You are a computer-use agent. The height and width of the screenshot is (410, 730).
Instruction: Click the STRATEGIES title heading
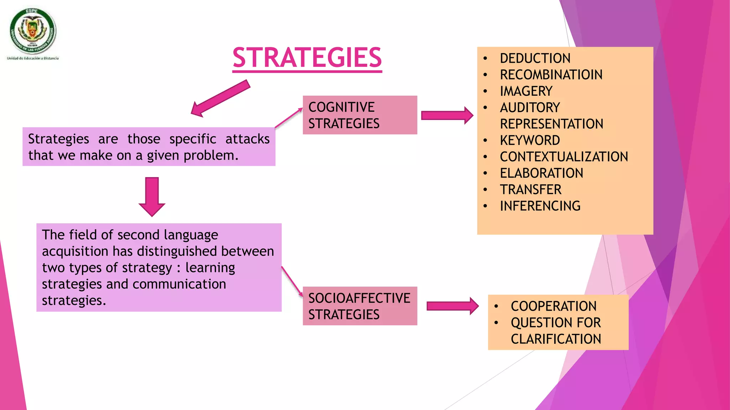click(307, 58)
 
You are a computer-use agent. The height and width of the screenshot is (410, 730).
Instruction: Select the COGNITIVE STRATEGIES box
click(360, 115)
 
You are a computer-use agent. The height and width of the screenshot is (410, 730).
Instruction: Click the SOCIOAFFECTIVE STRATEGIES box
click(360, 306)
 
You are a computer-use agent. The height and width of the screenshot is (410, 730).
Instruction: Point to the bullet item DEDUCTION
click(535, 58)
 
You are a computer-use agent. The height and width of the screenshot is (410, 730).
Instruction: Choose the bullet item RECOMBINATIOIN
click(551, 75)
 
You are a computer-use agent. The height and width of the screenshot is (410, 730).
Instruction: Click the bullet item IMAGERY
click(526, 91)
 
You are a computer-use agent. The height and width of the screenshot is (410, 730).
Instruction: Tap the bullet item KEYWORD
click(530, 140)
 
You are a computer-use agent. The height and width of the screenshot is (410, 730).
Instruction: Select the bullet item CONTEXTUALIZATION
click(564, 157)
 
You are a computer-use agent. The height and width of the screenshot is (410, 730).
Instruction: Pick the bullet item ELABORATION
click(541, 173)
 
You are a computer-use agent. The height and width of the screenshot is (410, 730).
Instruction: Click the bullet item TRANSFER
click(530, 190)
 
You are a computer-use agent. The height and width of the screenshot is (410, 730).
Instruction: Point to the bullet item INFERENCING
click(540, 206)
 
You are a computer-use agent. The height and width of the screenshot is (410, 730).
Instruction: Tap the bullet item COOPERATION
click(553, 306)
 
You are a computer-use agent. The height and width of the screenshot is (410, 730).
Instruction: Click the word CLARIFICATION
click(556, 339)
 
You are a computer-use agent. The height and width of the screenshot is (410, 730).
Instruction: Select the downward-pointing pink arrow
click(152, 196)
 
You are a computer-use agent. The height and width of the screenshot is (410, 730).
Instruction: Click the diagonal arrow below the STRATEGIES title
click(220, 98)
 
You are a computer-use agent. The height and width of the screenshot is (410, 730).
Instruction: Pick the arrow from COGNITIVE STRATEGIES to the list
click(447, 115)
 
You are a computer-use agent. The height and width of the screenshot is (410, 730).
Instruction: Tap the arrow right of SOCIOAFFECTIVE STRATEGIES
click(452, 306)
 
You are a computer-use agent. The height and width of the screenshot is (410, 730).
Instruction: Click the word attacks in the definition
click(247, 139)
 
